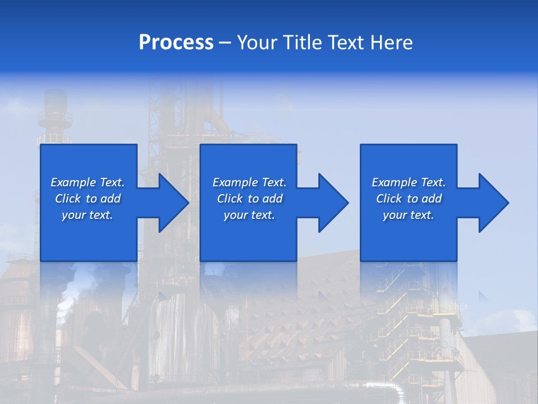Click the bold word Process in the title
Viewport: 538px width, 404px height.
(176, 43)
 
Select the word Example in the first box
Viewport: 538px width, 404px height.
(73, 182)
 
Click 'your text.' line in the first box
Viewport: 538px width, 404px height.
(87, 215)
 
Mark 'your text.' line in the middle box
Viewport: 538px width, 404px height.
(249, 215)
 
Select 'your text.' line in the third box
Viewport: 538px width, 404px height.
(408, 215)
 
